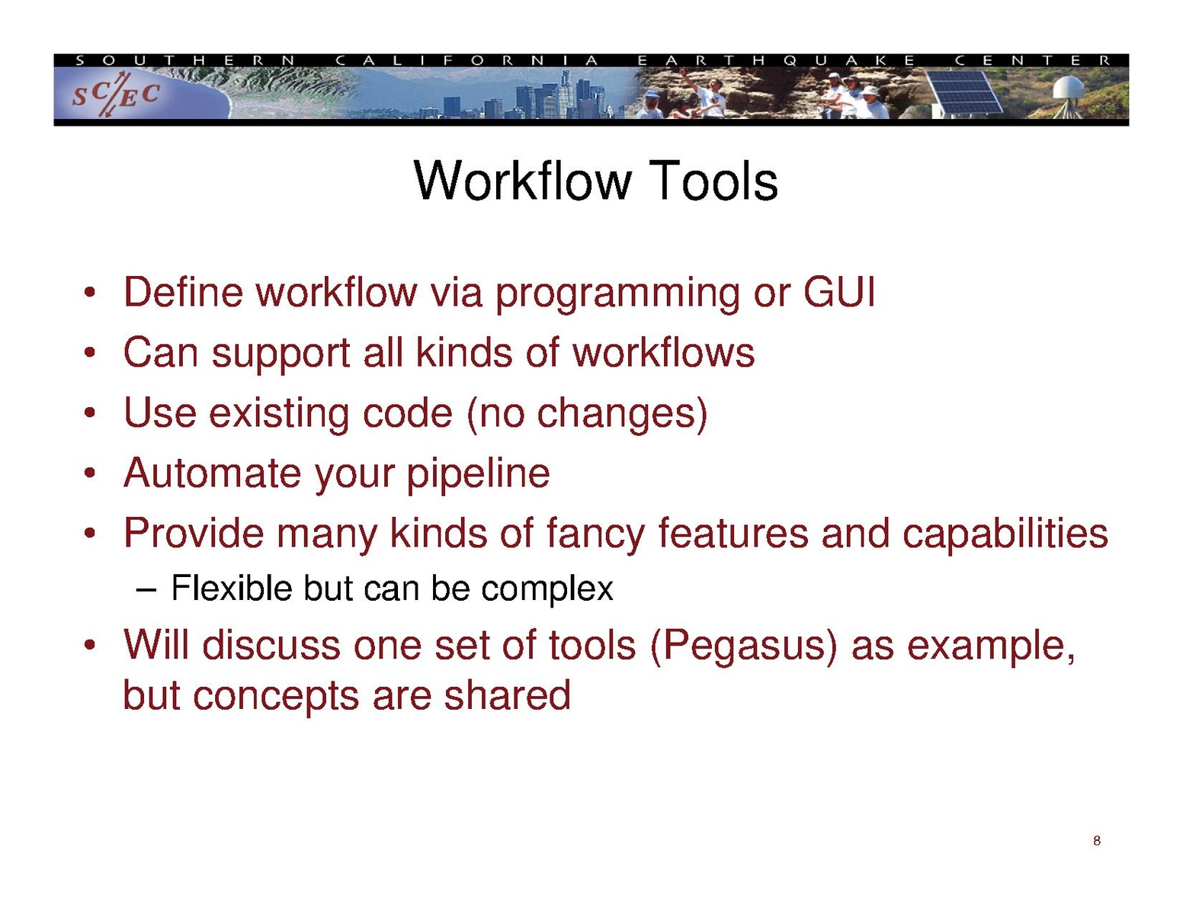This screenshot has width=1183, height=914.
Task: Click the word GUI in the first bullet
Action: (839, 292)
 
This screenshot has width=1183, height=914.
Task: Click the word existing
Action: (279, 414)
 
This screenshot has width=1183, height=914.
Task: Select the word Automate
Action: (212, 473)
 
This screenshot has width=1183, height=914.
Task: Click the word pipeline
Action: (479, 475)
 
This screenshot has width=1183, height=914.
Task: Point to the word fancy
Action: (595, 534)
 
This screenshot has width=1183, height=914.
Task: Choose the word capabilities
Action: (1005, 534)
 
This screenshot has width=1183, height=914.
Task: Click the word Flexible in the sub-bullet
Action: (232, 588)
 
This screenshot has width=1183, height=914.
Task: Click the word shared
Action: (508, 695)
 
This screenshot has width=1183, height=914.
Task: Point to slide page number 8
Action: (1096, 841)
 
